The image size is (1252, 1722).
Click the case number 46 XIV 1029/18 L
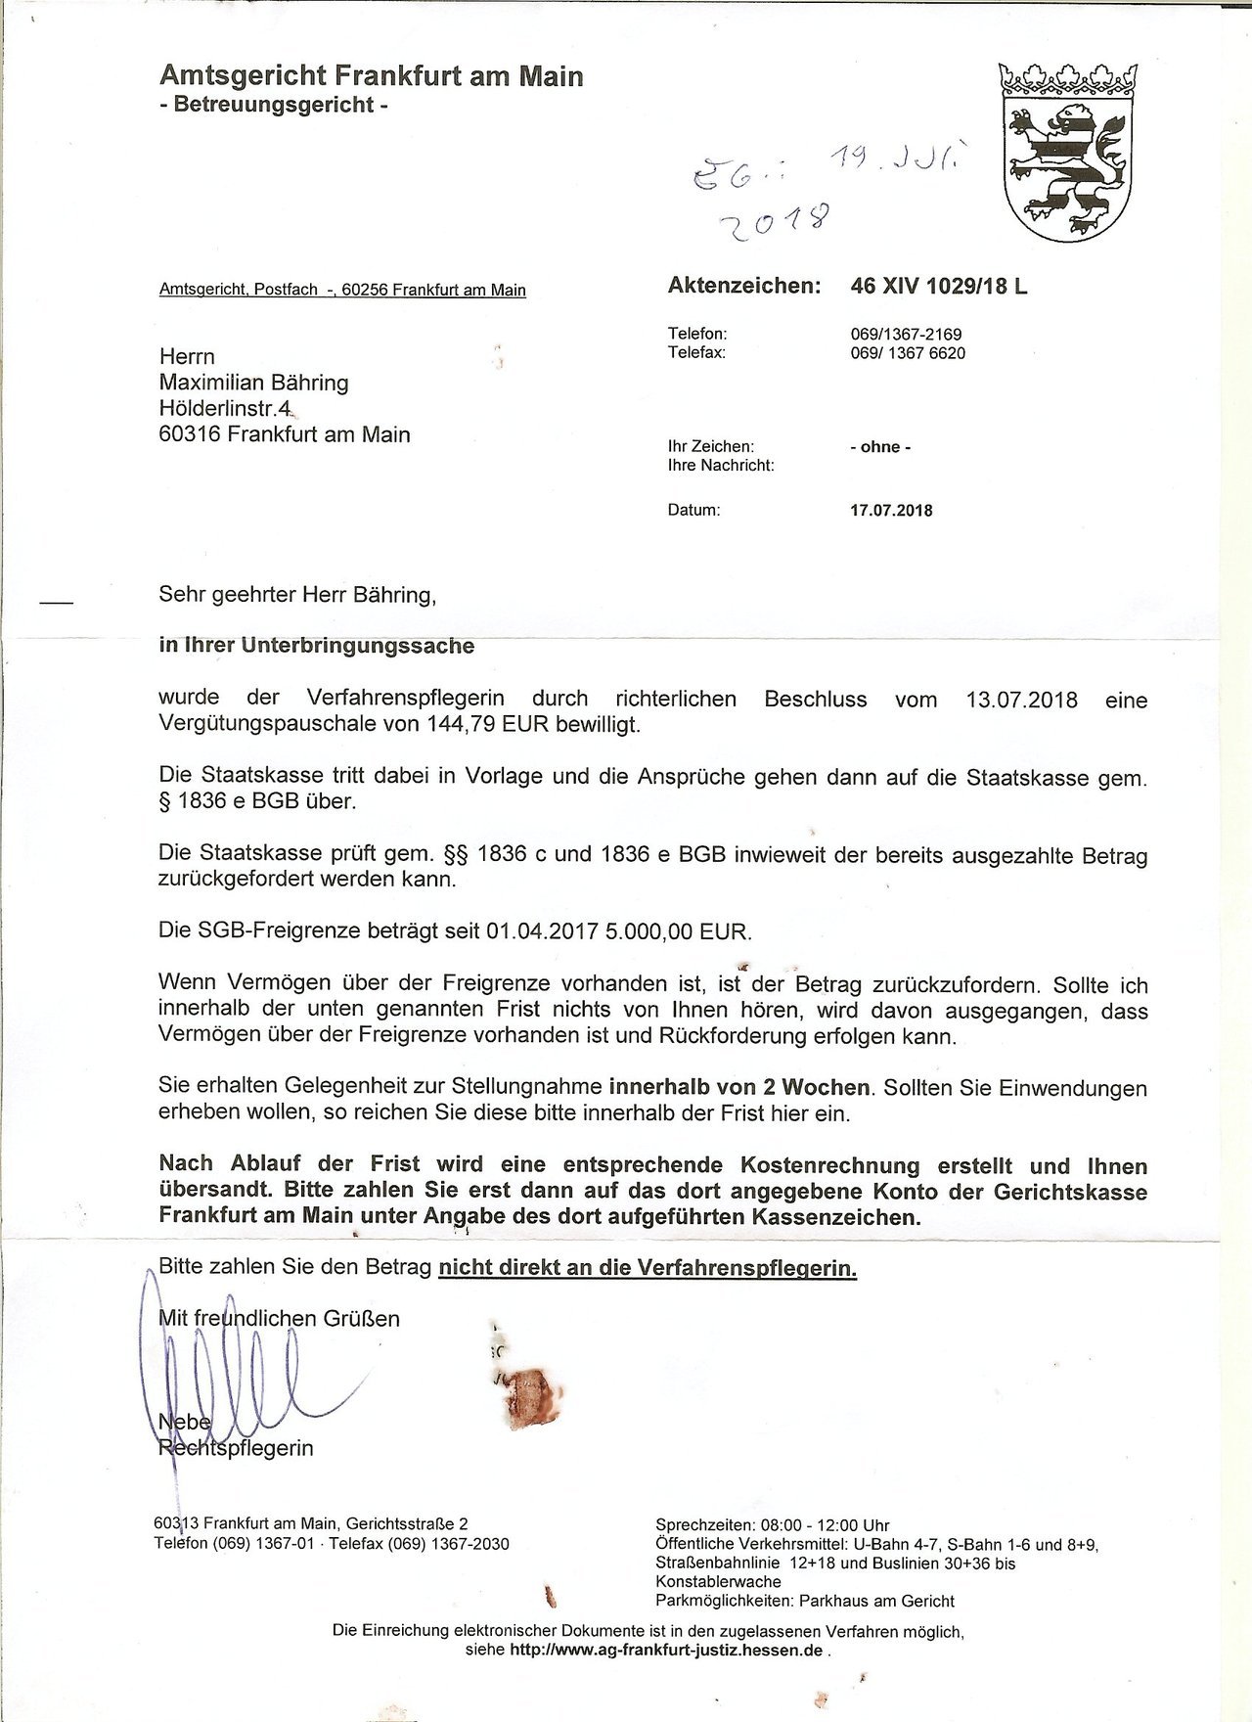(x=939, y=287)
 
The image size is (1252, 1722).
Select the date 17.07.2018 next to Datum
(x=891, y=511)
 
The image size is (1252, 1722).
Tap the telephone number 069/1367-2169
(x=906, y=335)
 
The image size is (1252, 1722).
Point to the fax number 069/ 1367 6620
(x=908, y=353)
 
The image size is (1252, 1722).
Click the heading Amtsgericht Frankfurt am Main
(x=371, y=75)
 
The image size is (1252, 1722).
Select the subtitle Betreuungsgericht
(x=273, y=105)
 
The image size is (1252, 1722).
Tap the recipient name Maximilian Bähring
(x=253, y=383)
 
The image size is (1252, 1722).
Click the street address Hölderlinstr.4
(x=224, y=408)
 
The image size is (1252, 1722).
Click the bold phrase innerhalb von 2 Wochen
(x=739, y=1087)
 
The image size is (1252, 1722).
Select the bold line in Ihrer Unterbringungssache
(x=316, y=646)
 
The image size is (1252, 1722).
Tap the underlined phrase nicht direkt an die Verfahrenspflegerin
(x=648, y=1269)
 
